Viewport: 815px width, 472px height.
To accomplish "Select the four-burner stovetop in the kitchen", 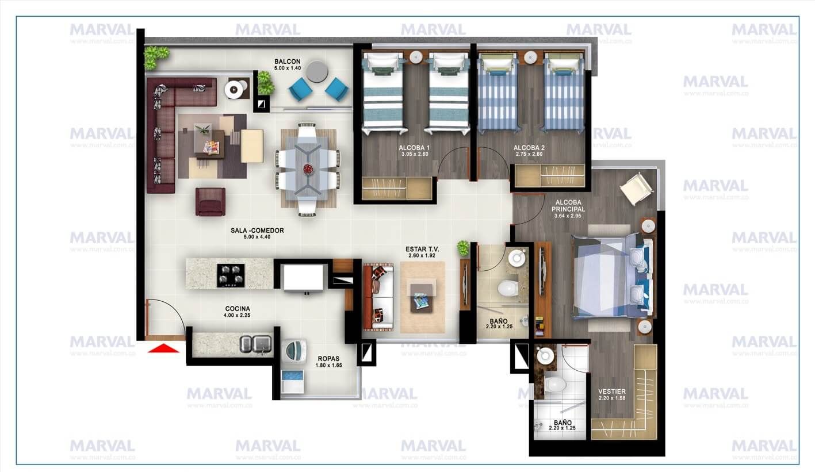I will (230, 275).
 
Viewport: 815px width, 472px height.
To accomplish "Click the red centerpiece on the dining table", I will (307, 169).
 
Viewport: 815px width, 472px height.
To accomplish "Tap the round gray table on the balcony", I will (317, 72).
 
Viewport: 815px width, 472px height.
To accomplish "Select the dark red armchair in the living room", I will (210, 202).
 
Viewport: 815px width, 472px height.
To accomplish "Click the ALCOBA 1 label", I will (415, 148).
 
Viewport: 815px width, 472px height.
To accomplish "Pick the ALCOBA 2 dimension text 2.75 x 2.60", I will (529, 154).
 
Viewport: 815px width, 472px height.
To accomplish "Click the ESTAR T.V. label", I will (423, 249).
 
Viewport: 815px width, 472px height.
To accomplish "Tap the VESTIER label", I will (611, 392).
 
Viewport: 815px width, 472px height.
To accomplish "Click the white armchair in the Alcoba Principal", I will (636, 188).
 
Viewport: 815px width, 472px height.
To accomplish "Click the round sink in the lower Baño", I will (544, 356).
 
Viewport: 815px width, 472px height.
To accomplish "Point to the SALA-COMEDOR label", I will (257, 230).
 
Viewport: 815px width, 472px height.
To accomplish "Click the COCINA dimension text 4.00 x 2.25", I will (237, 315).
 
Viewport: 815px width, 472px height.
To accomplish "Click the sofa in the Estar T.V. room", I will (378, 297).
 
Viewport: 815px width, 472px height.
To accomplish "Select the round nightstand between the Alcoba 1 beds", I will (415, 56).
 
